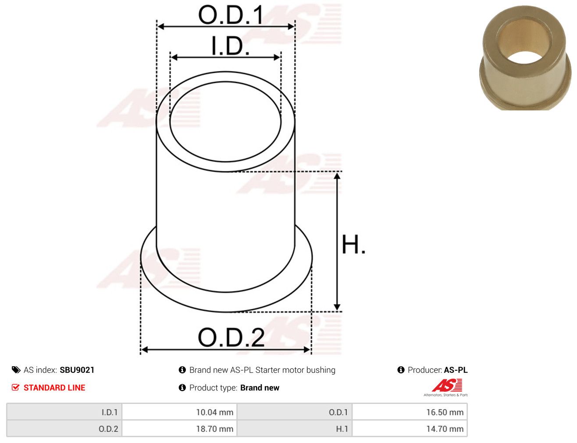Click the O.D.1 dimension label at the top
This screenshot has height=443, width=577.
[x=231, y=15]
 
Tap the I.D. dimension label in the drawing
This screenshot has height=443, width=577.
[x=230, y=46]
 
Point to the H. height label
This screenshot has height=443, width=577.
[x=353, y=245]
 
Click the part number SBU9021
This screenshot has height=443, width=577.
[x=77, y=370]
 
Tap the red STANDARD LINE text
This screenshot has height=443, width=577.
[x=54, y=387]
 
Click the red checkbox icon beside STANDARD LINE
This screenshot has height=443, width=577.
[x=15, y=387]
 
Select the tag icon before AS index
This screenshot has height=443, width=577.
[x=16, y=370]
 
